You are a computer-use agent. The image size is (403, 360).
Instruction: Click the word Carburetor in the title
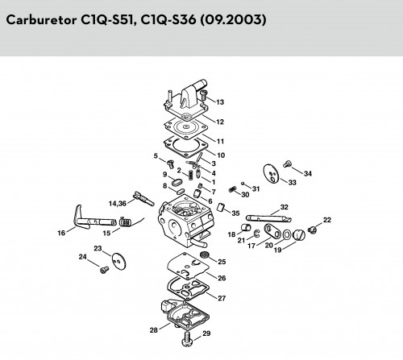tap(41, 19)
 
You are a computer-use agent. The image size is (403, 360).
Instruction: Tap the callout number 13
tap(220, 102)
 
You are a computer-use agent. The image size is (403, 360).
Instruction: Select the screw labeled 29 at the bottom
tap(186, 339)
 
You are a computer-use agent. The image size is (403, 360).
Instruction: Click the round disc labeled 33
tap(271, 173)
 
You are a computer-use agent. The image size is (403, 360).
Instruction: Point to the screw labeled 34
tap(287, 163)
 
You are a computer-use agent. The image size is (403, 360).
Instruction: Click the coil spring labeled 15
tap(126, 221)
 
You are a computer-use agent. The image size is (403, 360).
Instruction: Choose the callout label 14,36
tap(117, 204)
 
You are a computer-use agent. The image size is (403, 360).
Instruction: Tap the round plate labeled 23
tap(118, 260)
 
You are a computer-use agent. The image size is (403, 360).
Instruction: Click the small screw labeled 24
tap(104, 270)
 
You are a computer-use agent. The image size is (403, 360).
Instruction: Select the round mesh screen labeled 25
tap(206, 254)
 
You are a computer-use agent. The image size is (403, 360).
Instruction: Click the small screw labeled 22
tap(312, 230)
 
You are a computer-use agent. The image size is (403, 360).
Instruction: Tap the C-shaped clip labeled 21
tap(257, 234)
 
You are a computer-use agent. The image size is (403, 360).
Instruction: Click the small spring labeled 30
tap(232, 189)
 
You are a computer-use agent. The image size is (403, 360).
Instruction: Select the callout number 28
tap(154, 330)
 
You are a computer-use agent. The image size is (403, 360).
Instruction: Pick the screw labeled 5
tap(170, 163)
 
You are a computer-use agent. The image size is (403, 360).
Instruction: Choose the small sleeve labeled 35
tap(221, 207)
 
